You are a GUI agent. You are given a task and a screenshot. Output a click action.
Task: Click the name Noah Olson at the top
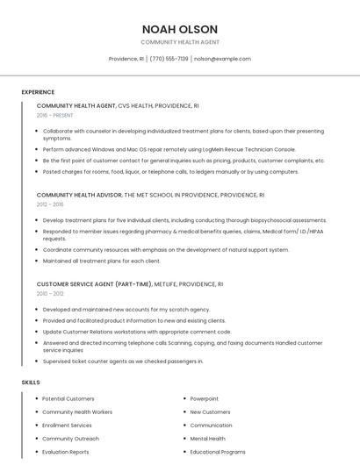(x=179, y=29)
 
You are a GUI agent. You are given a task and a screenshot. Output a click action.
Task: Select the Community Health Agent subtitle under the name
(x=179, y=42)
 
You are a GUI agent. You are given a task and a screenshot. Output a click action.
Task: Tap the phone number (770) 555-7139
(x=169, y=59)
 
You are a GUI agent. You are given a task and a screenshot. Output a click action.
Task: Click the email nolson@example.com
(x=222, y=59)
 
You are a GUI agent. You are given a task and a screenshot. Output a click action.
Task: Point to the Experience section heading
(x=38, y=92)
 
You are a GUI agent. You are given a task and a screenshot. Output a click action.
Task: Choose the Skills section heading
(x=31, y=383)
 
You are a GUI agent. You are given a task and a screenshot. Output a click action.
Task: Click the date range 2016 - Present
(x=54, y=116)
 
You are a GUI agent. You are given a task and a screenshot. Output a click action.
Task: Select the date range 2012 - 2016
(x=50, y=204)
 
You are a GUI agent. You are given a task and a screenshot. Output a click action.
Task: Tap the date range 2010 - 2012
(x=50, y=294)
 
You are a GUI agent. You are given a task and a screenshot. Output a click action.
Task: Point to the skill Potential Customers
(x=68, y=399)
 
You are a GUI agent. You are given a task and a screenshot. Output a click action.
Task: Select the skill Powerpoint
(x=204, y=399)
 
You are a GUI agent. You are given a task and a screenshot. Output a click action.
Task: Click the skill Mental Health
(x=207, y=439)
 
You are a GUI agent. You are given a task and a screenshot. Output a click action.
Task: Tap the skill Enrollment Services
(x=67, y=426)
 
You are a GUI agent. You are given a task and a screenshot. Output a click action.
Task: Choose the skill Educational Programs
(x=217, y=452)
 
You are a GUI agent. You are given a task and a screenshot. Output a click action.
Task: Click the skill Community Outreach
(x=70, y=439)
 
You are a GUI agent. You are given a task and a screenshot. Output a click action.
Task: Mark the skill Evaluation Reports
(x=65, y=452)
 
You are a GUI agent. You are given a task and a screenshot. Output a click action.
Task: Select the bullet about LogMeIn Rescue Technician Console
(x=169, y=150)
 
